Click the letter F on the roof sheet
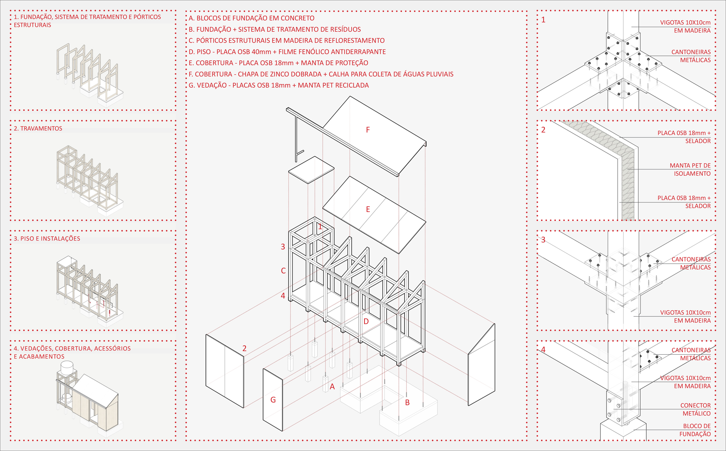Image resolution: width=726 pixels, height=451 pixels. pyautogui.click(x=368, y=130)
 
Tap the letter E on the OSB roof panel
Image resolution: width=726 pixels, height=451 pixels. pyautogui.click(x=368, y=209)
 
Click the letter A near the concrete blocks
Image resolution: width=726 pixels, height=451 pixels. pyautogui.click(x=332, y=387)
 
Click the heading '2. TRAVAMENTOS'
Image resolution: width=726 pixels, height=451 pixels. pyautogui.click(x=38, y=129)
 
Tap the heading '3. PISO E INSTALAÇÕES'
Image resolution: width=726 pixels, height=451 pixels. pyautogui.click(x=47, y=239)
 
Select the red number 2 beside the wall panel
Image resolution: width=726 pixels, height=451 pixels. pyautogui.click(x=244, y=348)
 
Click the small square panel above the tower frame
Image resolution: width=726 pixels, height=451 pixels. pyautogui.click(x=311, y=169)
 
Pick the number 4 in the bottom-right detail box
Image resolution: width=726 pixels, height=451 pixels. pyautogui.click(x=543, y=350)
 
